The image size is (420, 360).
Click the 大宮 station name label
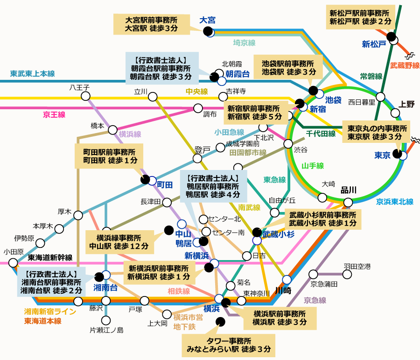point(207,20)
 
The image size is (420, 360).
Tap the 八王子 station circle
point(85,96)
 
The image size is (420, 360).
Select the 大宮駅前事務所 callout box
point(152,24)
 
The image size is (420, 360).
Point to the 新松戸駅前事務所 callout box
point(360,17)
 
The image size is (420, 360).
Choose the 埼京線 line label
point(244,43)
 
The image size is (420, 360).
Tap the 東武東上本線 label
point(32,73)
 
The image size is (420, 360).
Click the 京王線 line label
point(54,114)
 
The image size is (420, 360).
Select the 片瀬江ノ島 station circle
point(106,320)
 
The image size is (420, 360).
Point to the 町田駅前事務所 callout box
point(109,156)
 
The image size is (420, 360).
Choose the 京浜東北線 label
point(395,202)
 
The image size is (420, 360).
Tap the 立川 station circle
point(153,97)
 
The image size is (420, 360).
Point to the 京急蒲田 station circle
point(314,274)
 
